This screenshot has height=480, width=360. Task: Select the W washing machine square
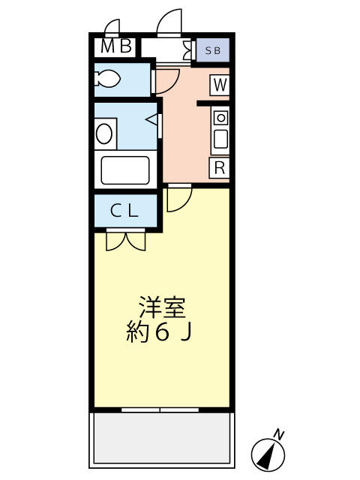click(219, 85)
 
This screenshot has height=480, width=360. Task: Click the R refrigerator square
click(219, 167)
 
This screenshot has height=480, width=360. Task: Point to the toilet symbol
click(108, 78)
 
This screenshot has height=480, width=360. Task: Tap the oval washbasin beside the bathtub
click(104, 133)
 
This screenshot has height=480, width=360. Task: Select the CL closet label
click(124, 211)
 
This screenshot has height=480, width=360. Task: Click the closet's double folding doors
click(125, 240)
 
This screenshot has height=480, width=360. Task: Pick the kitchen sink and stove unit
click(220, 130)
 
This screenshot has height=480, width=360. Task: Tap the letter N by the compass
click(279, 433)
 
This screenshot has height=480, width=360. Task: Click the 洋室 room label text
click(160, 308)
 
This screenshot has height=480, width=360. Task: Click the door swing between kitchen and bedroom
click(178, 198)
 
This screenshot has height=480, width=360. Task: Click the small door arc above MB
click(112, 28)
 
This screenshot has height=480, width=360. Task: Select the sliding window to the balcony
click(160, 410)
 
